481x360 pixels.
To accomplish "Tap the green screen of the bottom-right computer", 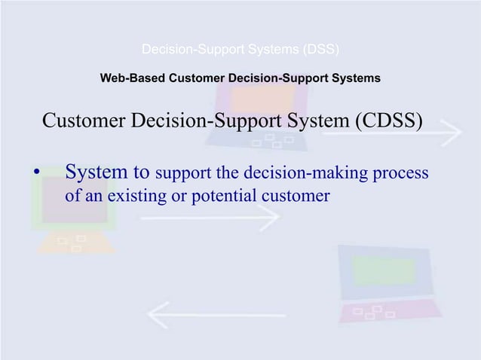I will click(x=384, y=272).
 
